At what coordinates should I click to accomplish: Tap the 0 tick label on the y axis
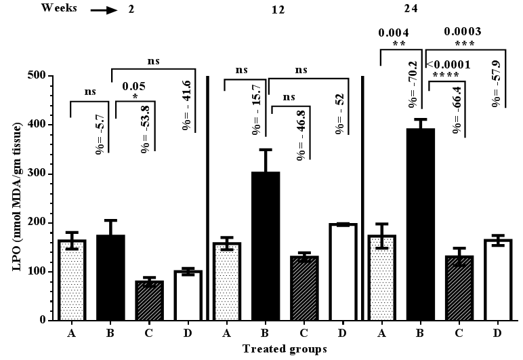[41, 321]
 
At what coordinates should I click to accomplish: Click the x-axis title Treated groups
[286, 349]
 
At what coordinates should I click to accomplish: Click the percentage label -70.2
[411, 84]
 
